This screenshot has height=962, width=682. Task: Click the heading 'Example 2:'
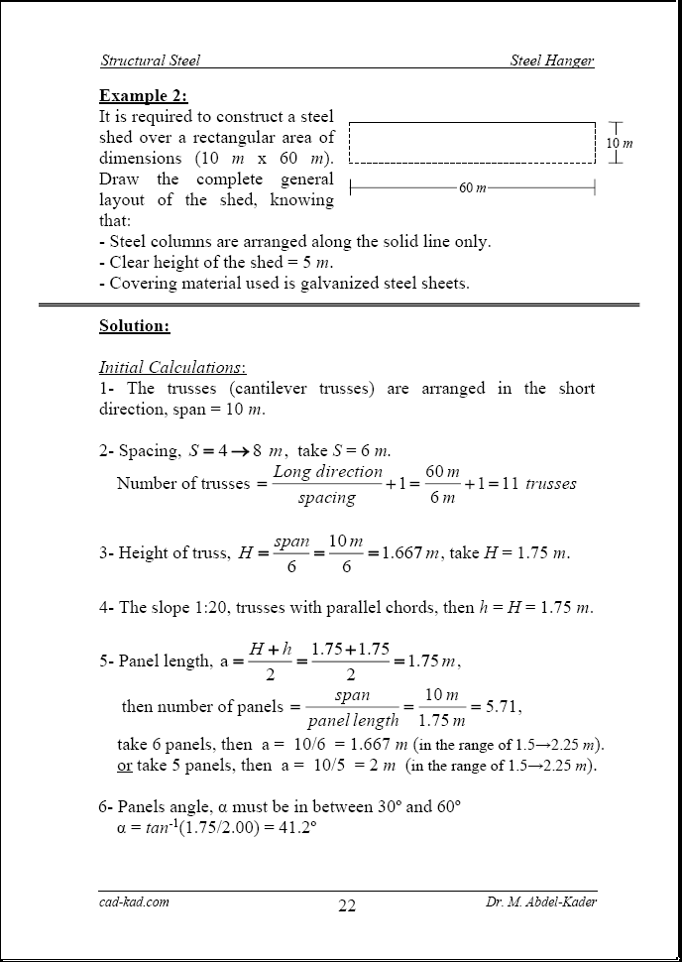click(x=143, y=95)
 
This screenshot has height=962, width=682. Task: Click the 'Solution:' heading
click(x=134, y=325)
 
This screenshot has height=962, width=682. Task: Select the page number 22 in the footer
click(x=346, y=905)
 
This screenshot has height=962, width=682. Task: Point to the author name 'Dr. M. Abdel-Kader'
click(x=540, y=902)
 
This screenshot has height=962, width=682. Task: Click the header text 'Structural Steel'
click(x=150, y=60)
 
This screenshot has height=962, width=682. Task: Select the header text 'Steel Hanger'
click(x=552, y=60)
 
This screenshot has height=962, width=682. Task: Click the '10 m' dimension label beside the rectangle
click(x=619, y=144)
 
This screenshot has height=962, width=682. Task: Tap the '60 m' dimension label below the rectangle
click(x=473, y=187)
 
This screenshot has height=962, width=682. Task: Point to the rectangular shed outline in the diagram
click(x=472, y=142)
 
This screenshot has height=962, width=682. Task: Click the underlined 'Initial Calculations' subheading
click(x=171, y=367)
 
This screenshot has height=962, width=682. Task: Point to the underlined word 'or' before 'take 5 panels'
click(x=124, y=765)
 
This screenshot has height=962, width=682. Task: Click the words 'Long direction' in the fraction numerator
click(x=327, y=472)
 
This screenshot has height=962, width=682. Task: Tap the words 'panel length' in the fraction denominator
click(x=353, y=720)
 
